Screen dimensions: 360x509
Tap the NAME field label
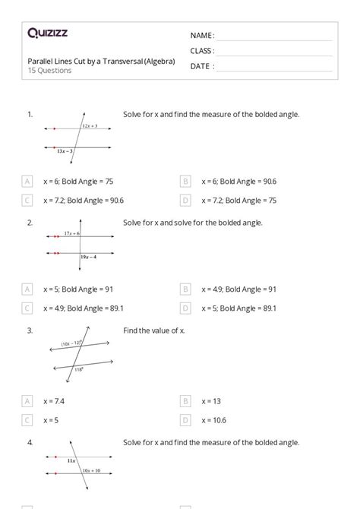201,35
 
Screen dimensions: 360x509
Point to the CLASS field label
202,51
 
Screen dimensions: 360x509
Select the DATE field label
201,66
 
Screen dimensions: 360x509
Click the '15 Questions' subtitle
49,71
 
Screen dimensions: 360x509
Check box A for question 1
27,182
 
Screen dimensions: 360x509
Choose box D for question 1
185,201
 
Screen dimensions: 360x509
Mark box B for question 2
185,289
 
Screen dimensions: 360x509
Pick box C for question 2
27,308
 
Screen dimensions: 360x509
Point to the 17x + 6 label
73,232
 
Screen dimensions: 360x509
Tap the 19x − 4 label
90,258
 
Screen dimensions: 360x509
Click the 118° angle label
78,369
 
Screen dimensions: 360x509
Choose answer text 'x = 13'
210,400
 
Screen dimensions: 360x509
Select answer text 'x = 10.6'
214,419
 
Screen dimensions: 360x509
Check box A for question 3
27,400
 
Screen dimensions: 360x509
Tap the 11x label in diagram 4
71,461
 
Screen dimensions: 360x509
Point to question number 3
30,330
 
